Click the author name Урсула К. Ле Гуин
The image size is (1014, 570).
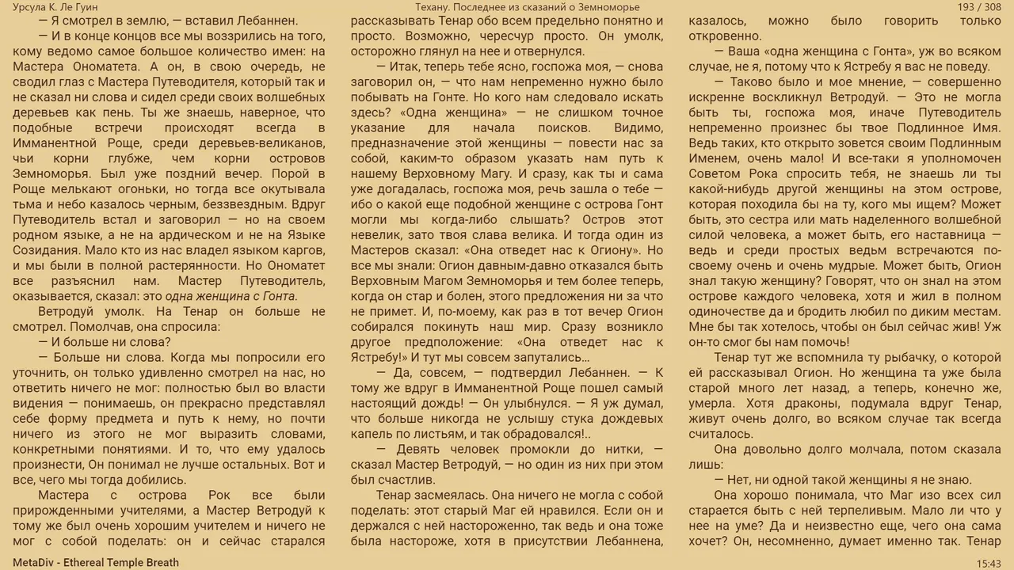tap(55, 7)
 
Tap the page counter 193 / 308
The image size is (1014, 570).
tap(979, 7)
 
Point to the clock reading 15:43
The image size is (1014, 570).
tap(989, 563)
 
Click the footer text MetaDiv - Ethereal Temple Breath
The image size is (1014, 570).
tap(96, 563)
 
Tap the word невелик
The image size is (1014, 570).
tap(375, 234)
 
